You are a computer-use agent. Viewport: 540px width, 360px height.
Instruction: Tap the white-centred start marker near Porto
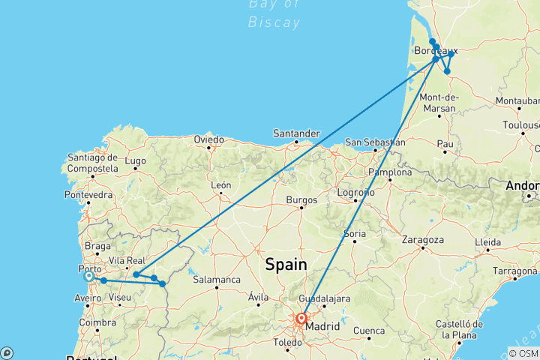coord(88,276)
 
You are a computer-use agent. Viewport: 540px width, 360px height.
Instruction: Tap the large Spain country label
coord(286,265)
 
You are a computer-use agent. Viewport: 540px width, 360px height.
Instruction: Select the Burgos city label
coord(301,200)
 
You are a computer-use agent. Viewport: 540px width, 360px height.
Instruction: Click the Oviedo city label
coord(208,139)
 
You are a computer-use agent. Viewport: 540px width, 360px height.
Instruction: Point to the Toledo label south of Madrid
coord(288,342)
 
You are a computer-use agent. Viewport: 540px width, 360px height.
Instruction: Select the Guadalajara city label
coord(325,298)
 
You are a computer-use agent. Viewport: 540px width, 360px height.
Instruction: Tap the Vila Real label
coord(127,260)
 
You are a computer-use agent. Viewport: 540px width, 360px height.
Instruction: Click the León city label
coord(220,184)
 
